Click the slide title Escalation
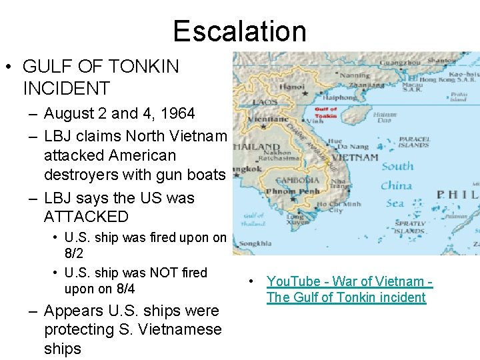coord(239,31)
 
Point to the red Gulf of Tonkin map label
coord(325,112)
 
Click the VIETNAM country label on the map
coord(355,158)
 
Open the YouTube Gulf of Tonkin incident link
coord(349,289)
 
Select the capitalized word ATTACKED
coord(86,217)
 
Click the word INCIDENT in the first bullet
coord(66,88)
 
